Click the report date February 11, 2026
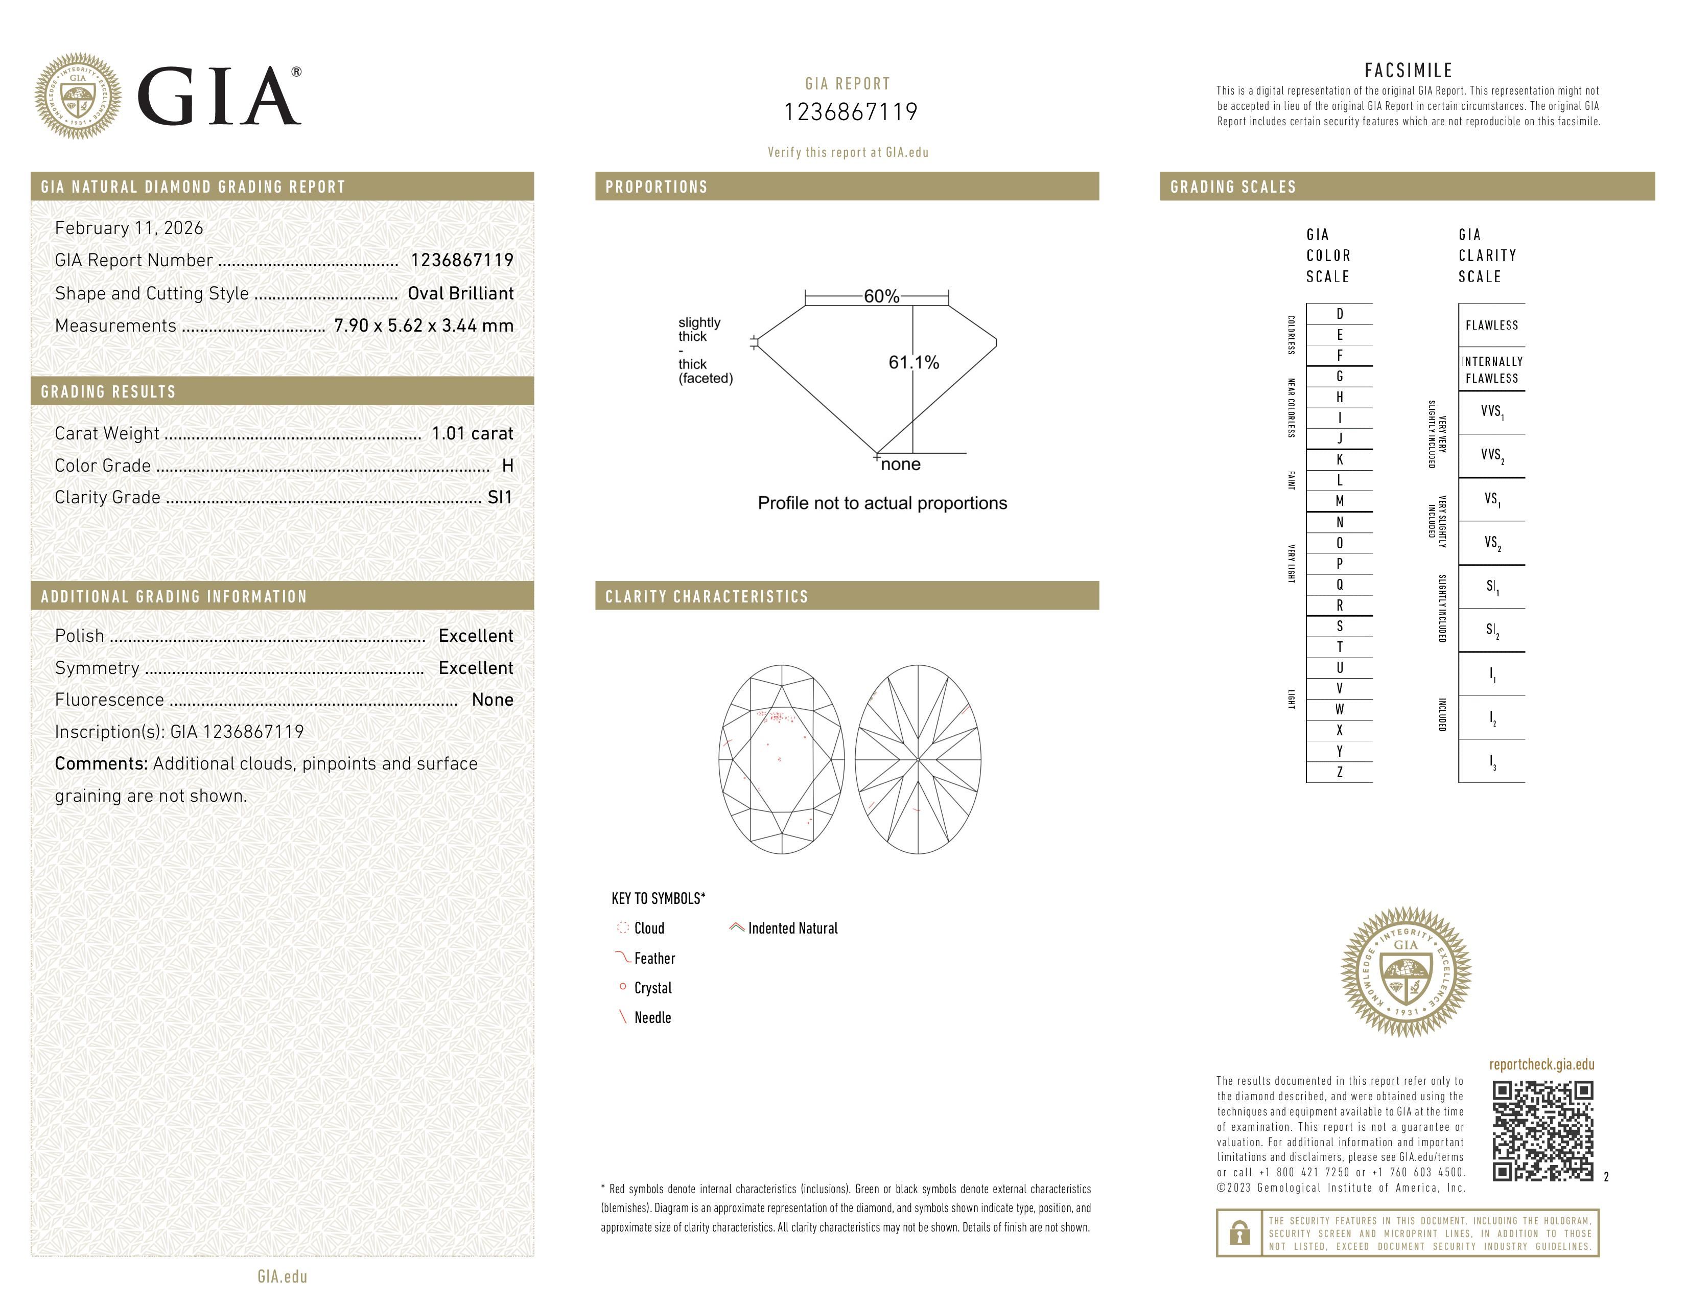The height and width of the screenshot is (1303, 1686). click(129, 228)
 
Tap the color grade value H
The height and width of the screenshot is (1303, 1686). click(507, 466)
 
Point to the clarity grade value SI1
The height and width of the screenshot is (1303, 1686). click(500, 497)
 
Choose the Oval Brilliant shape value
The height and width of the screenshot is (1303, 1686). click(460, 293)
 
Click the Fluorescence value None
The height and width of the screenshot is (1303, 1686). click(493, 700)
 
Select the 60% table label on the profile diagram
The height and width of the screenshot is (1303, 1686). click(881, 296)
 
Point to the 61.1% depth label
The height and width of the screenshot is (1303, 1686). click(914, 362)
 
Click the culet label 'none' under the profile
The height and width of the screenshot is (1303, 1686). click(900, 464)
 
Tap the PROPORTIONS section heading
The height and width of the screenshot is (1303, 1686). click(656, 187)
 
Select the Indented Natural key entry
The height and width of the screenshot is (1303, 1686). click(792, 928)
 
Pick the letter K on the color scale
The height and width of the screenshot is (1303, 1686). click(1340, 459)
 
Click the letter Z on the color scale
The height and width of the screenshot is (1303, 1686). click(1340, 772)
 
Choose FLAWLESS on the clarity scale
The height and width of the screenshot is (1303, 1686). click(1491, 325)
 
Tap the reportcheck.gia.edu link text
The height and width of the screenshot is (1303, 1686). click(1541, 1064)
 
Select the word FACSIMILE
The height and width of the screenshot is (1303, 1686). click(1408, 70)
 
